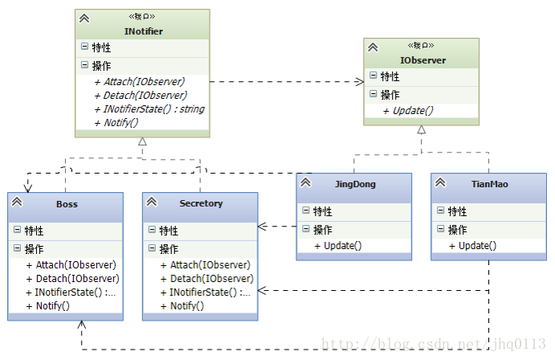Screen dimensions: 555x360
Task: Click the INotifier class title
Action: [143, 31]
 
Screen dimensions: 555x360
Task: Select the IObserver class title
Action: [422, 60]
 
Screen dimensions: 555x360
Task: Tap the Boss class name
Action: [67, 204]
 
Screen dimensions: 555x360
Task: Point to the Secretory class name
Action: [201, 203]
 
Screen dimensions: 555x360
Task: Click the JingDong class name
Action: [355, 185]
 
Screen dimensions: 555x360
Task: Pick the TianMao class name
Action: [489, 184]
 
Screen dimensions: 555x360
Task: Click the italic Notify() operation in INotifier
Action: [116, 123]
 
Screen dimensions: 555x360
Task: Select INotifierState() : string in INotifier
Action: [149, 109]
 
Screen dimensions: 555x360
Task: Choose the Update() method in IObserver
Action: [408, 111]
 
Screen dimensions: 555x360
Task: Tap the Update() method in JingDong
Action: [338, 246]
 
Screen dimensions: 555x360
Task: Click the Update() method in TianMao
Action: [472, 246]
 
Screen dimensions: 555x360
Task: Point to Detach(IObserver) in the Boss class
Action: [72, 279]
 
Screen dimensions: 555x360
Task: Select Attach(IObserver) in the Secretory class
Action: [206, 265]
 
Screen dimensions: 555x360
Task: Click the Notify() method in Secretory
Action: [182, 306]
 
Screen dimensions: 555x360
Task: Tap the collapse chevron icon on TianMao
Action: [440, 182]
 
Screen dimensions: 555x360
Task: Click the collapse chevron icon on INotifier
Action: [84, 18]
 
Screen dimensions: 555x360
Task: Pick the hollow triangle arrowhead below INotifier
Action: [142, 141]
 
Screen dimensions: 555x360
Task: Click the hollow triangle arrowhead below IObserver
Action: [421, 130]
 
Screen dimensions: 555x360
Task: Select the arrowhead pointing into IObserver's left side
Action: [360, 82]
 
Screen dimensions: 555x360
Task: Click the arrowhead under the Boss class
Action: [82, 325]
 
